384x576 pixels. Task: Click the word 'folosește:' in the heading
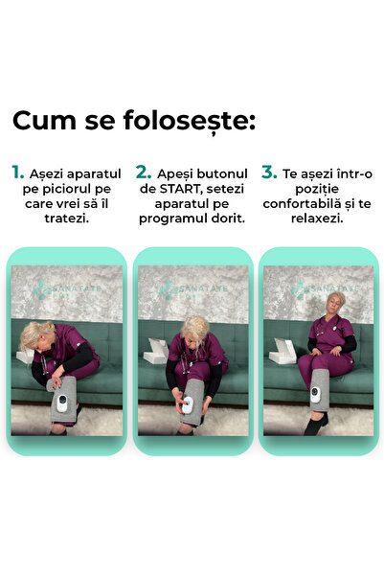tap(189, 121)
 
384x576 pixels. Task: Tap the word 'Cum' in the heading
tap(44, 121)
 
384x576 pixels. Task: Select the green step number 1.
tap(17, 172)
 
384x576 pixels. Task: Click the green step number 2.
tap(144, 172)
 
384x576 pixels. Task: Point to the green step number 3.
tap(269, 172)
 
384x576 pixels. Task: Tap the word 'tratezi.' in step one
tap(66, 219)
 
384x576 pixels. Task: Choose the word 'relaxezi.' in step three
tap(317, 219)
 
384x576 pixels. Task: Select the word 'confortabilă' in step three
tap(299, 203)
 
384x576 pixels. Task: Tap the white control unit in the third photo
tap(315, 395)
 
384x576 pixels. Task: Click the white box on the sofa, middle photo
tap(156, 351)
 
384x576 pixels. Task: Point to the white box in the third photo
tap(282, 351)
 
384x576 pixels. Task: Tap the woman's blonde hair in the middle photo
tap(195, 328)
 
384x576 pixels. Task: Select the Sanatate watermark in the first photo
tap(66, 290)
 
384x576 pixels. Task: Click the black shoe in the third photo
tap(314, 426)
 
